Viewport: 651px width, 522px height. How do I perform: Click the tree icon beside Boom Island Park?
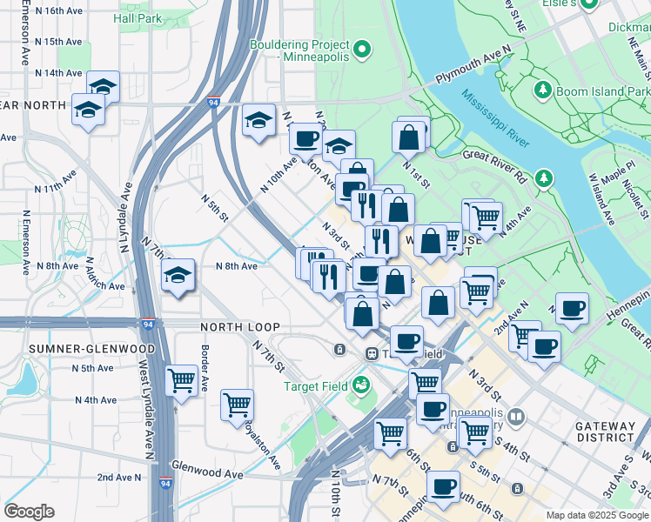pyautogui.click(x=542, y=90)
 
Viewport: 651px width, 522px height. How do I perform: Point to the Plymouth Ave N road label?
pyautogui.click(x=471, y=67)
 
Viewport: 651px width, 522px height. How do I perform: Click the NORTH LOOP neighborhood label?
pyautogui.click(x=232, y=327)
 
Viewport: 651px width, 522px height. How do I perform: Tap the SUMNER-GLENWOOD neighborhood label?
pyautogui.click(x=79, y=349)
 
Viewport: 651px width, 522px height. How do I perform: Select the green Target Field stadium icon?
pyautogui.click(x=361, y=384)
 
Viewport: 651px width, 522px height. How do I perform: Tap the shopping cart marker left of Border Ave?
pyautogui.click(x=181, y=380)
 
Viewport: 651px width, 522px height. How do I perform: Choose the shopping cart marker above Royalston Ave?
pyautogui.click(x=237, y=405)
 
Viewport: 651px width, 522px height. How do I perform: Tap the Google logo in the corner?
pyautogui.click(x=29, y=512)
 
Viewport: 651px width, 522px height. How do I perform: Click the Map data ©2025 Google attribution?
pyautogui.click(x=597, y=515)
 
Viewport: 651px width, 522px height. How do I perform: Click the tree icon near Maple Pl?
pyautogui.click(x=545, y=178)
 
